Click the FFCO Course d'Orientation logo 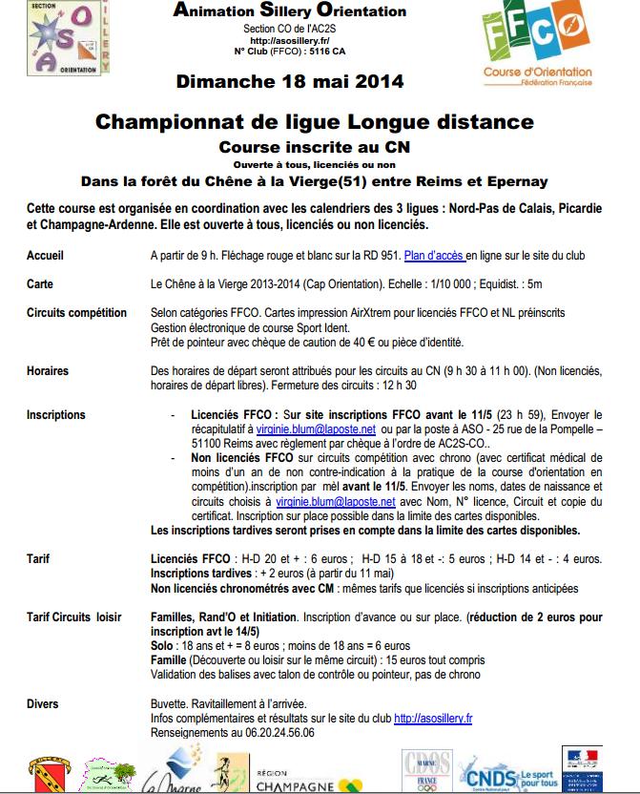[538, 47]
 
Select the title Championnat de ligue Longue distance [314, 122]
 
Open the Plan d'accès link [435, 256]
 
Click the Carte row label [40, 283]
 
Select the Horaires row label [48, 368]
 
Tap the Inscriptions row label [55, 415]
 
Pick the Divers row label [43, 704]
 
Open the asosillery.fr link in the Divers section [433, 719]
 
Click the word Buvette [172, 704]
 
